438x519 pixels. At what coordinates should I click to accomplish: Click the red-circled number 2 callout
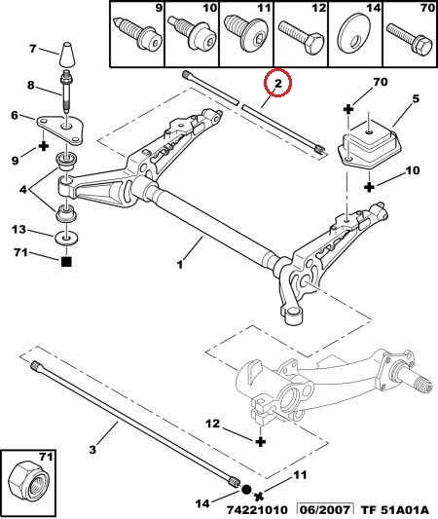[277, 83]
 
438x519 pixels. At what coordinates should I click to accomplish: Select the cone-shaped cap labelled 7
[66, 55]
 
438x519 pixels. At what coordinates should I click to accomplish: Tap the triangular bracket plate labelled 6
[60, 130]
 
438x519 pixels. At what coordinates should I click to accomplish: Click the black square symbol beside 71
[66, 262]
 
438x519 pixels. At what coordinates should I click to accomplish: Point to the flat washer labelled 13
[66, 238]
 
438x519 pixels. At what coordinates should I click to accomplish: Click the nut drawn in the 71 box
[28, 483]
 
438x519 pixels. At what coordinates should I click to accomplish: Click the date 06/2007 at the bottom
[325, 509]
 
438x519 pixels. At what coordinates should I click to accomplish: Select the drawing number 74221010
[257, 509]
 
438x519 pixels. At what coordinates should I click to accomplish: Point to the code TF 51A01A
[394, 509]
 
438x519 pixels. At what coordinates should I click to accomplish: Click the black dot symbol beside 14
[246, 490]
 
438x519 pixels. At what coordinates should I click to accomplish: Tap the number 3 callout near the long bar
[92, 450]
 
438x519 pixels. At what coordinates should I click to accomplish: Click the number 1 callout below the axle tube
[180, 265]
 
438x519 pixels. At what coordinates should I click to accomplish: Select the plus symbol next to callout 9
[44, 146]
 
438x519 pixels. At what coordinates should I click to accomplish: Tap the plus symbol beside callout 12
[261, 441]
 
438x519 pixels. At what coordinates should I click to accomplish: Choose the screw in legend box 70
[410, 40]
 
